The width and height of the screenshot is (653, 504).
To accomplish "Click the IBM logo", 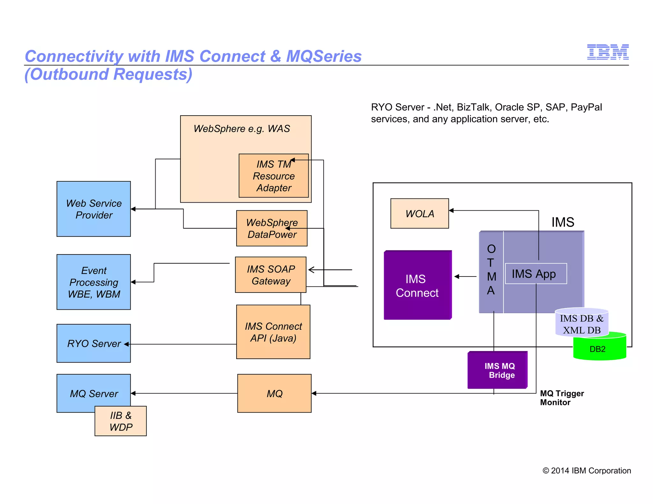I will (x=607, y=52).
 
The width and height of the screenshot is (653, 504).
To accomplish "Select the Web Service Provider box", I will (x=93, y=209).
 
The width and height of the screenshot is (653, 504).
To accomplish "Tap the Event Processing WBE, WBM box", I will (x=93, y=282).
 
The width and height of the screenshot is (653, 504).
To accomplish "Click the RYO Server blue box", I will (x=93, y=343).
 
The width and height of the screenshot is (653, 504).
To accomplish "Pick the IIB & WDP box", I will (x=121, y=421).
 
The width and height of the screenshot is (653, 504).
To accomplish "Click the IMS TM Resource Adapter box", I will (x=274, y=176).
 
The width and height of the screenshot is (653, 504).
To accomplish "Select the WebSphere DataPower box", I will (x=272, y=228).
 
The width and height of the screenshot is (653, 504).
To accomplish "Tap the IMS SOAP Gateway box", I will (x=270, y=275).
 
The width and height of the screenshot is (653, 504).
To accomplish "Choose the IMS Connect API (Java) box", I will (x=273, y=332).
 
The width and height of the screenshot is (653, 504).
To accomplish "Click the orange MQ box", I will (x=274, y=393).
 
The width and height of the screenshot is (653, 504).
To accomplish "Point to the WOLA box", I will (x=419, y=213).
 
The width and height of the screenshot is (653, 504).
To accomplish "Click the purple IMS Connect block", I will (x=417, y=285).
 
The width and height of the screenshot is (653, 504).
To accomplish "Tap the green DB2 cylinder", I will (x=599, y=349).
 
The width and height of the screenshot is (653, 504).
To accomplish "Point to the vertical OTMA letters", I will (x=491, y=270).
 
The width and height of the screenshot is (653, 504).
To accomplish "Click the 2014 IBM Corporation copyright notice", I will (x=586, y=471).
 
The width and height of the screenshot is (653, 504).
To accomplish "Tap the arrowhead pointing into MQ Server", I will (x=133, y=393).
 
